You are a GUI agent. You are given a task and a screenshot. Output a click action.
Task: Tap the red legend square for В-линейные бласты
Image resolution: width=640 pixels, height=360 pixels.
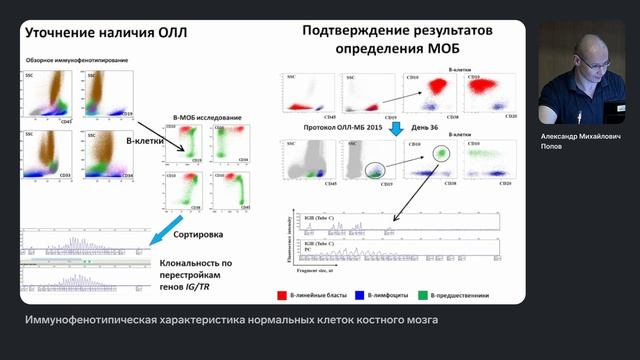(x=284, y=295)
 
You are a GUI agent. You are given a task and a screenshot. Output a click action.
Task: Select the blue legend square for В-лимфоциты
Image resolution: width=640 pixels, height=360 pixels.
(x=363, y=295)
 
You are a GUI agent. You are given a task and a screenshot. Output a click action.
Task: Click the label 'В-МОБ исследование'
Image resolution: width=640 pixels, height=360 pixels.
(x=206, y=118)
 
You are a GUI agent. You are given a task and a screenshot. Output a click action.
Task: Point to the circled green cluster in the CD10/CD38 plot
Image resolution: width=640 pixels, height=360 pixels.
(x=441, y=153)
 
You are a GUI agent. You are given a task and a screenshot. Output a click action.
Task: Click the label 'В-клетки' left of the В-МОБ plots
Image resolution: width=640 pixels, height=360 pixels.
(x=144, y=141)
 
